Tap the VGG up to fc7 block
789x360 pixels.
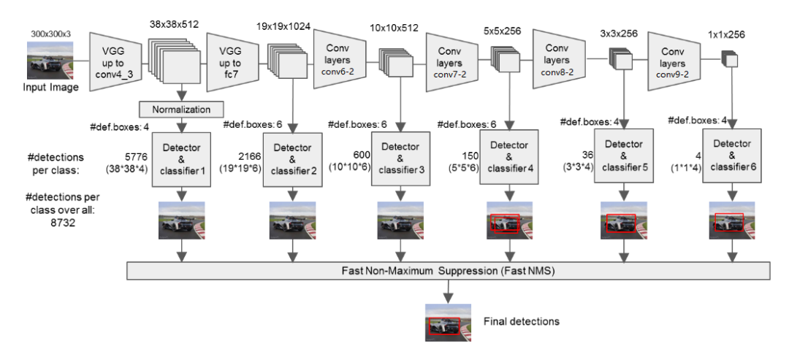pyautogui.click(x=232, y=61)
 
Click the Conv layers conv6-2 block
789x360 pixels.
pyautogui.click(x=339, y=61)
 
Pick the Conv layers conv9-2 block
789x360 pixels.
pyautogui.click(x=672, y=61)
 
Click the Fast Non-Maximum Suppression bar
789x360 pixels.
pyautogui.click(x=448, y=269)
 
